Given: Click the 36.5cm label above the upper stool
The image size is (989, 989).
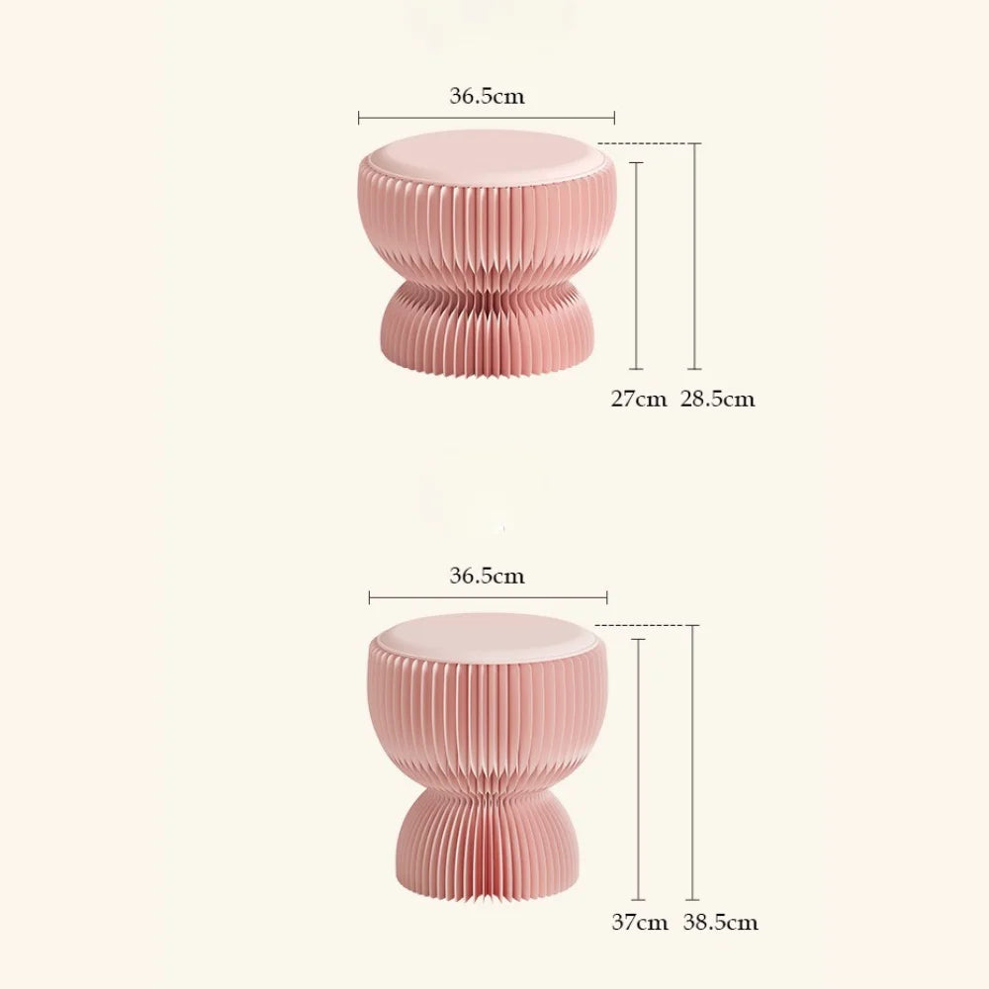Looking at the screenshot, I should pyautogui.click(x=487, y=97).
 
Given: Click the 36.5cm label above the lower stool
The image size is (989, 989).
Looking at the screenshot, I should pyautogui.click(x=487, y=576).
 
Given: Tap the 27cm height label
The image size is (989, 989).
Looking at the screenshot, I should pyautogui.click(x=638, y=400).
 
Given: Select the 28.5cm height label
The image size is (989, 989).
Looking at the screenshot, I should pyautogui.click(x=717, y=400).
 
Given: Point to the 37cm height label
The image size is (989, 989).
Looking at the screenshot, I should pyautogui.click(x=639, y=923).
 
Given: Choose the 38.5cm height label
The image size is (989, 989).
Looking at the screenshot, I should pyautogui.click(x=720, y=923).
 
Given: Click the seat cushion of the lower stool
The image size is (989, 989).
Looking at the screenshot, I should pyautogui.click(x=487, y=635).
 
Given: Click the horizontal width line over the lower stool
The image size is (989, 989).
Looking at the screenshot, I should pyautogui.click(x=488, y=597).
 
